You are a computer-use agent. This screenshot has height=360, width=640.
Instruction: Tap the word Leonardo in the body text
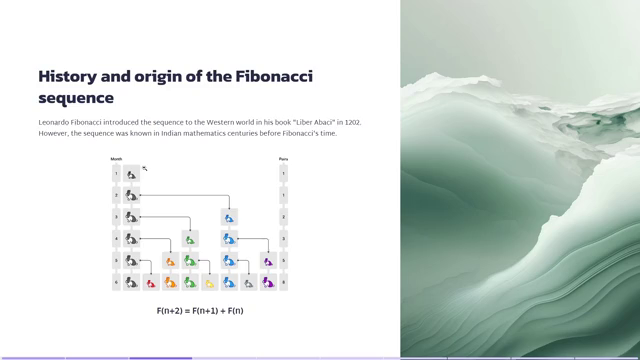click(x=58, y=122)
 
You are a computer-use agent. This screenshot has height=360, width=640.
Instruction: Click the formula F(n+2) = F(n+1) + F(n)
click(x=200, y=311)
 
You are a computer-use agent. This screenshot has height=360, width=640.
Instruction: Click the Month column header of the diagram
click(x=116, y=159)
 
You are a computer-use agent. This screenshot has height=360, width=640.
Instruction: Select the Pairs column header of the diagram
click(x=283, y=159)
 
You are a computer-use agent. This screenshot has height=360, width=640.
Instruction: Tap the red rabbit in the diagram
click(x=151, y=283)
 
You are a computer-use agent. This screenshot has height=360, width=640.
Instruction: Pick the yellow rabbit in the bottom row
click(x=209, y=283)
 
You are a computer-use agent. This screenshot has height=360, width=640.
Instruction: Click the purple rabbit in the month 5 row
click(x=267, y=261)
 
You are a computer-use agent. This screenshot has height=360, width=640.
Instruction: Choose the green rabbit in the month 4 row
click(x=190, y=239)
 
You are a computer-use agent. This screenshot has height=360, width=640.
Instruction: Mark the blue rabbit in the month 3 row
click(x=229, y=217)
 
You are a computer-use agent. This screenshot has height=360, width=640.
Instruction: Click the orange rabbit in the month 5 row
click(x=170, y=261)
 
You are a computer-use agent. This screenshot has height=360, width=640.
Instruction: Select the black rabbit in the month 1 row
click(x=131, y=174)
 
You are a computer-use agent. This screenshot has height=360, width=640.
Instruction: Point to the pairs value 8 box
click(x=284, y=283)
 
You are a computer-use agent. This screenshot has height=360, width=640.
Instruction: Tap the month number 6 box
click(x=116, y=283)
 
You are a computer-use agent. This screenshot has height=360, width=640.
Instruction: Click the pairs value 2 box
click(x=284, y=217)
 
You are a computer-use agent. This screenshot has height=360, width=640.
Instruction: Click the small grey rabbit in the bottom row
click(x=248, y=283)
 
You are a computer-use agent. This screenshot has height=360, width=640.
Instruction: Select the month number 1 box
click(x=116, y=174)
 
